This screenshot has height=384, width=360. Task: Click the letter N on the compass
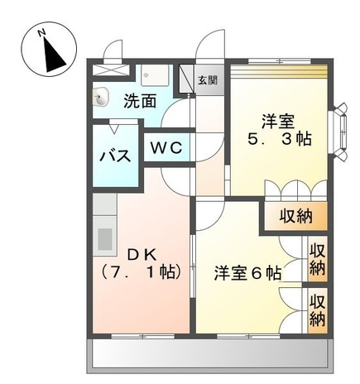(x=41, y=33)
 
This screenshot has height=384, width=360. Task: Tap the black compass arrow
(x=53, y=55)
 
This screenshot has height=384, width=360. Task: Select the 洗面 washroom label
(x=140, y=101)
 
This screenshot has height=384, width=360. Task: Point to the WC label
(x=166, y=147)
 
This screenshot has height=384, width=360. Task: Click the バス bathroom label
(x=115, y=156)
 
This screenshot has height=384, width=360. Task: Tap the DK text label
(x=142, y=255)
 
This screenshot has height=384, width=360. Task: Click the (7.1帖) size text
(x=142, y=272)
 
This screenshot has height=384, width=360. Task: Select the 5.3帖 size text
(x=280, y=138)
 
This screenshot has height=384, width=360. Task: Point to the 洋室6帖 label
(x=248, y=273)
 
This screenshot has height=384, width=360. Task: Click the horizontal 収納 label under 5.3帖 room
(x=296, y=216)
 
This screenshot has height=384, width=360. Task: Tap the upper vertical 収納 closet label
(x=318, y=259)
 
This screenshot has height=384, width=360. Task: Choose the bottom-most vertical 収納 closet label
(x=318, y=311)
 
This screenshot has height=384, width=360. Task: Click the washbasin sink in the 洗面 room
(x=101, y=97)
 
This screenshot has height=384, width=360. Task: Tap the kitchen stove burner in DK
(x=105, y=239)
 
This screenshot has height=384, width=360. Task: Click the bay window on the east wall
(x=339, y=132)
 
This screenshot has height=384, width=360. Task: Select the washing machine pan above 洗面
(x=155, y=75)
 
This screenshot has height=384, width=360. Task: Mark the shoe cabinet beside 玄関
(x=186, y=79)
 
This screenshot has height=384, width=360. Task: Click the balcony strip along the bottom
(x=210, y=356)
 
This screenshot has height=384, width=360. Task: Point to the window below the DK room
(x=142, y=336)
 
